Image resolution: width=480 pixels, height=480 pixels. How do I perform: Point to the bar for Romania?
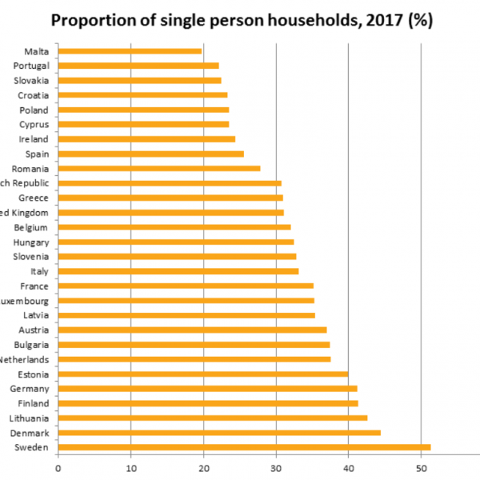click(159, 169)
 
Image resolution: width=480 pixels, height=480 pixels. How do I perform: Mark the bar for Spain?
click(151, 154)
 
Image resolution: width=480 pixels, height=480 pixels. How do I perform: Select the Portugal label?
click(32, 66)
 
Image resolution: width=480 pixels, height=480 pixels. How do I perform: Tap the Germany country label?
click(31, 388)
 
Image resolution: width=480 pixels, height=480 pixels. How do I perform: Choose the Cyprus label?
click(34, 125)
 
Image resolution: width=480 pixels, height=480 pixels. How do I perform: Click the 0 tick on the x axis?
click(58, 466)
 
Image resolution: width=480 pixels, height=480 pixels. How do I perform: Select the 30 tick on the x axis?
click(275, 466)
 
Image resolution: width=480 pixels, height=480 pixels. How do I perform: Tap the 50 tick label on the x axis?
click(421, 466)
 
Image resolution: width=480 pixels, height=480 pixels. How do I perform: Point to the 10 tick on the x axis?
click(130, 466)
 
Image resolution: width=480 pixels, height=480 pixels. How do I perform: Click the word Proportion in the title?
click(92, 20)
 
